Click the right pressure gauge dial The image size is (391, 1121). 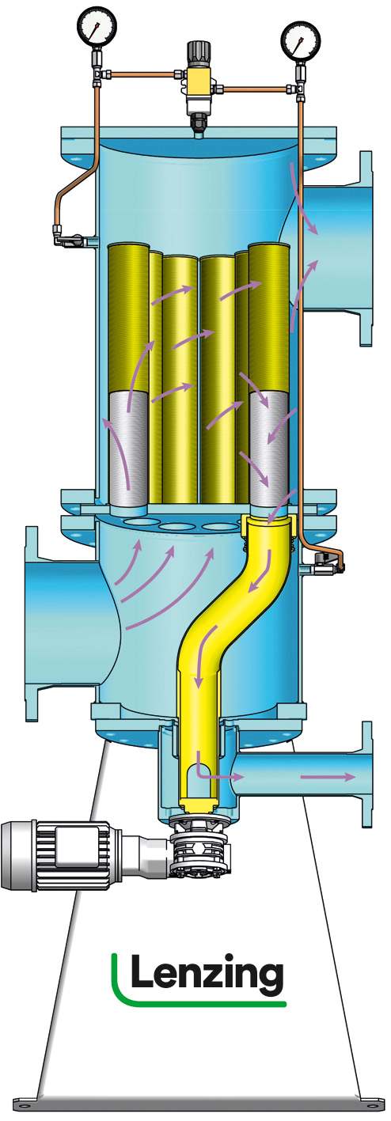click(301, 41)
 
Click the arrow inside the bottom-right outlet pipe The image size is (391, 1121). click(328, 777)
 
